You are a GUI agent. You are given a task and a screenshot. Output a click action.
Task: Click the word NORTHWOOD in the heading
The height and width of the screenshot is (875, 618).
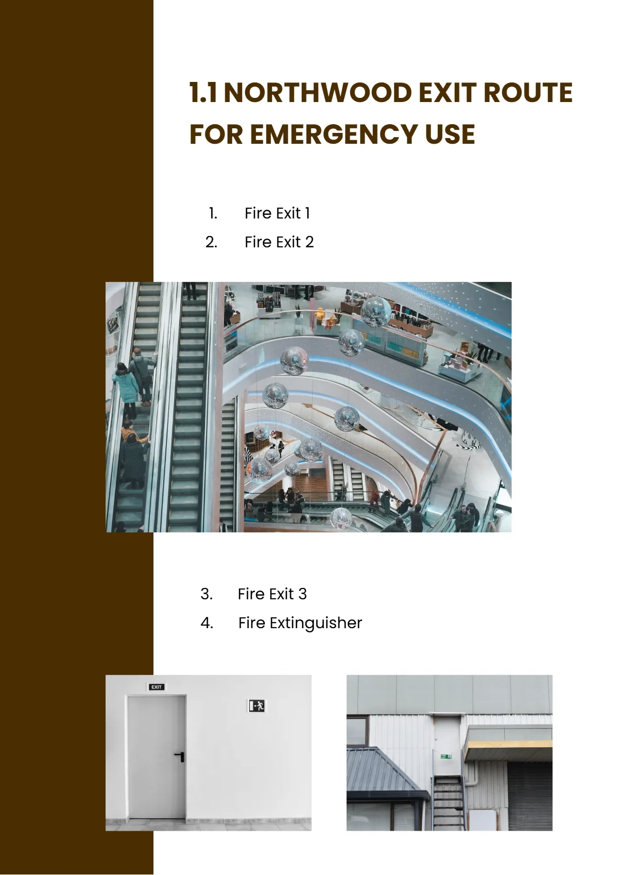318,93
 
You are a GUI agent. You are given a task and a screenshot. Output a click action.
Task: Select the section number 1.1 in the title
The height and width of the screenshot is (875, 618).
203,93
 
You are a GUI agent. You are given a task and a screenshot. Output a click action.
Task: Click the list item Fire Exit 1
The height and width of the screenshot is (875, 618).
277,213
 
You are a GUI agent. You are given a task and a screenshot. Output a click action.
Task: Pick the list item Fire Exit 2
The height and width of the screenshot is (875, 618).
279,242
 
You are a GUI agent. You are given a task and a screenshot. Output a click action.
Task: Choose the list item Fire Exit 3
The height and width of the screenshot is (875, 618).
272,594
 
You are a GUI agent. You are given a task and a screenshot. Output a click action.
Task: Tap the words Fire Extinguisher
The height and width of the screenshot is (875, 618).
300,623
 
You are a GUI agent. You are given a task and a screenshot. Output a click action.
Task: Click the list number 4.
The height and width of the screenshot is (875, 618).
207,623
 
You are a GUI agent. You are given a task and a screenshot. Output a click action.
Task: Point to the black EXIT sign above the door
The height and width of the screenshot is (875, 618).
157,687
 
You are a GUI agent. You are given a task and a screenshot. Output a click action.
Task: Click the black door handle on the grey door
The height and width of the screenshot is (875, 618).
180,756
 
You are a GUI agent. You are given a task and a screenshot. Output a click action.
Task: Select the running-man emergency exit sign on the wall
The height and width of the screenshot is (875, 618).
256,705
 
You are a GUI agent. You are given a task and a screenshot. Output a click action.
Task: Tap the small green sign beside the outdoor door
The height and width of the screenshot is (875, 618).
446,756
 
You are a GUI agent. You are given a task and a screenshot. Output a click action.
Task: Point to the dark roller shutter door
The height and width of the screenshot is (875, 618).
529,796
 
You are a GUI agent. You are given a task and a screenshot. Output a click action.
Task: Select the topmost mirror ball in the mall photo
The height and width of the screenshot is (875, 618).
375,311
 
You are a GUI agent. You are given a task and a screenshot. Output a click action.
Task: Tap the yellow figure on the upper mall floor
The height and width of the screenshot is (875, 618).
320,315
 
